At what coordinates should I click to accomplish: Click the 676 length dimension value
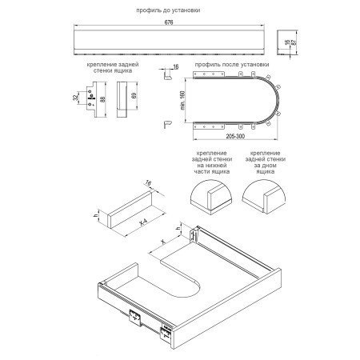click(x=169, y=22)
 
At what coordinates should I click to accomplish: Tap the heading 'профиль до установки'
click(x=168, y=10)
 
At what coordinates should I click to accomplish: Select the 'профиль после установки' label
click(x=232, y=65)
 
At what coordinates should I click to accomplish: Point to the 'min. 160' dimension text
click(x=182, y=101)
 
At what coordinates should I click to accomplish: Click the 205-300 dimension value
click(x=235, y=136)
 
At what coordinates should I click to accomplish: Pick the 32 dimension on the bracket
click(x=75, y=98)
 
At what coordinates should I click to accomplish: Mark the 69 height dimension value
click(x=134, y=95)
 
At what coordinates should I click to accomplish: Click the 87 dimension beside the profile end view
click(x=294, y=42)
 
